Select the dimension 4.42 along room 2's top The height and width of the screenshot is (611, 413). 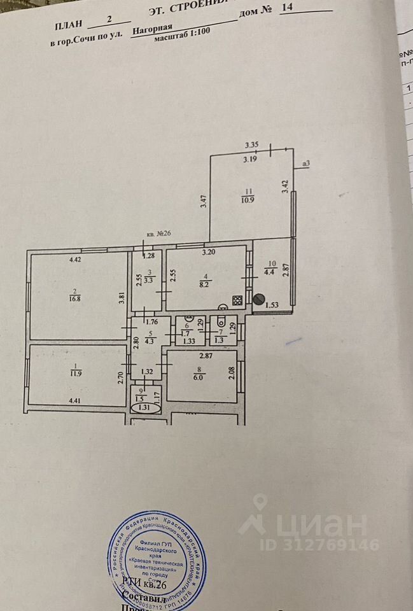(75, 259)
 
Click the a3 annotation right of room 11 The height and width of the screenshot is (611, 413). (306, 164)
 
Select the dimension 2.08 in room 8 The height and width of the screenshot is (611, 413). (231, 371)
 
